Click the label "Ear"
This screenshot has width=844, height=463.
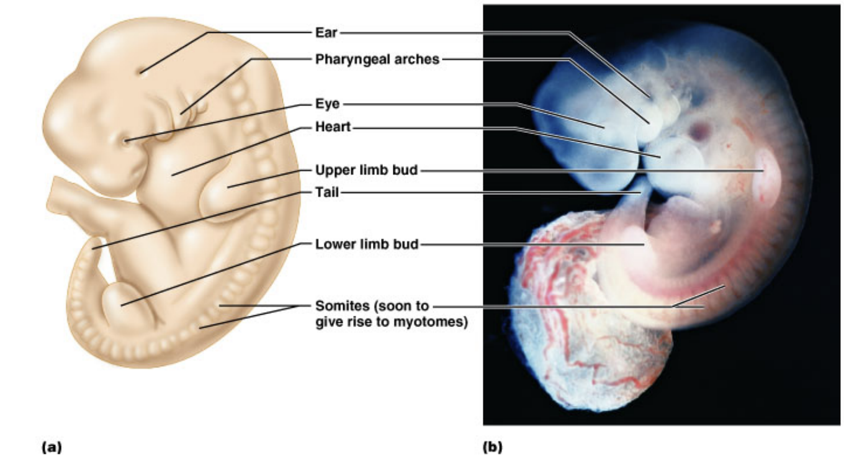326,32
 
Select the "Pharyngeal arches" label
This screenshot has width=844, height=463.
377,60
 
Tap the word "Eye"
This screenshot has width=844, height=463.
327,104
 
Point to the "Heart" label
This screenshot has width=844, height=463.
333,127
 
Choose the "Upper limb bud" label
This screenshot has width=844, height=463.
366,170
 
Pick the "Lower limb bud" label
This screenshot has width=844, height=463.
366,244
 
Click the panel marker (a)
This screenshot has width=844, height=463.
52,446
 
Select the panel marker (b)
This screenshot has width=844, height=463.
492,446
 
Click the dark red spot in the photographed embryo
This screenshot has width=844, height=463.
699,131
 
